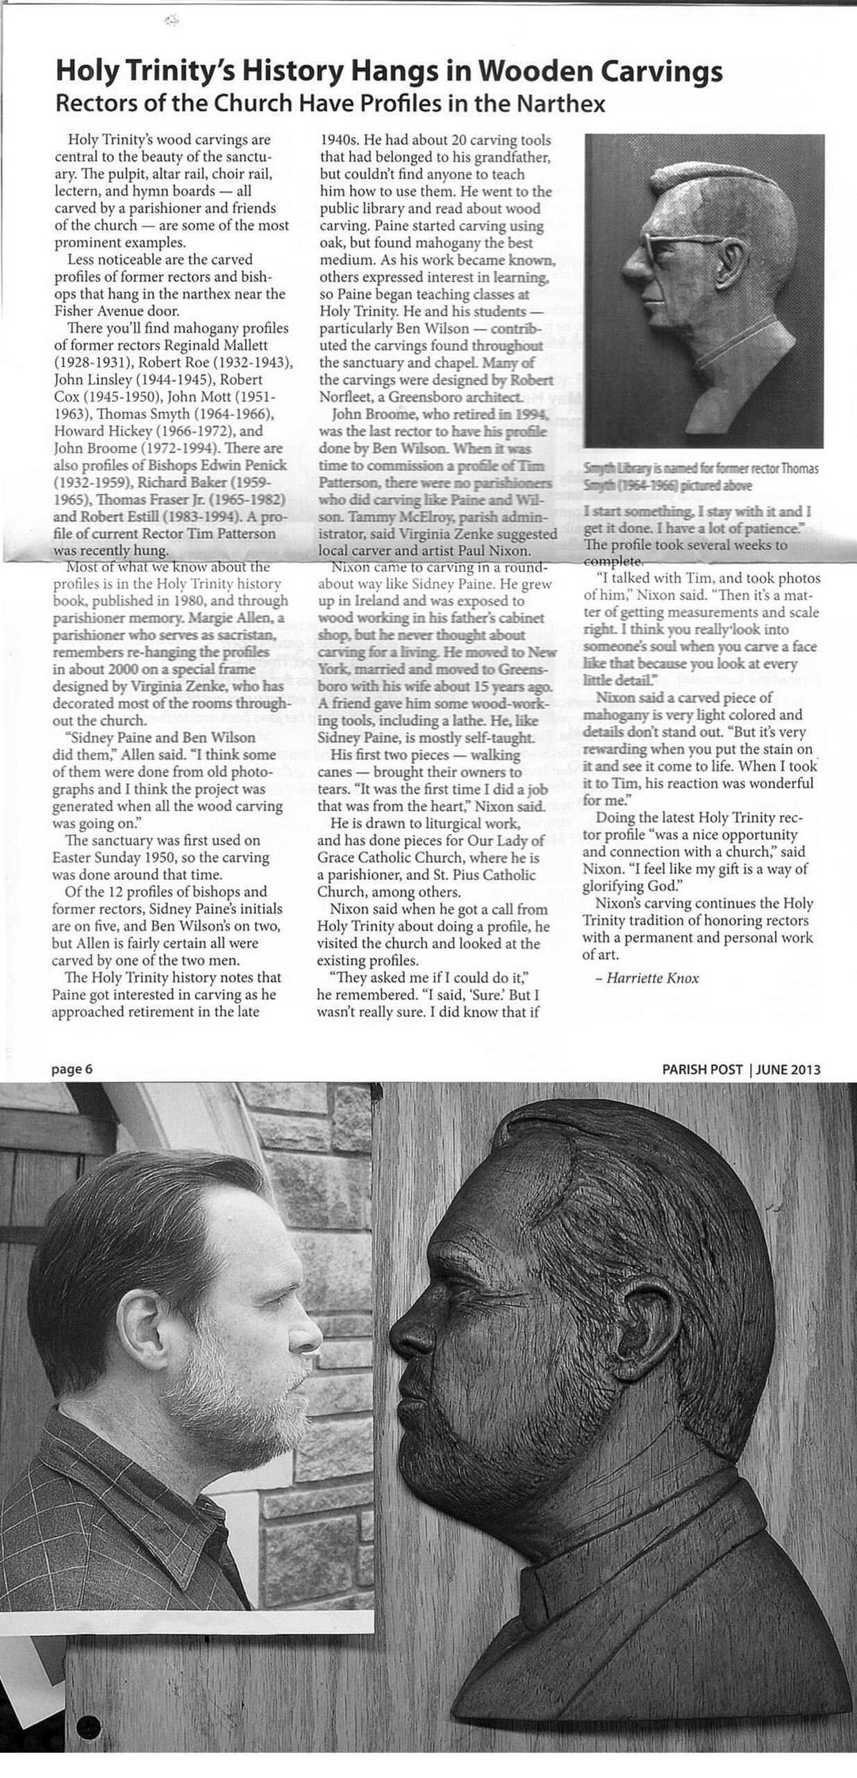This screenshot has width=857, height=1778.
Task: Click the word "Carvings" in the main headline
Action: point(660,72)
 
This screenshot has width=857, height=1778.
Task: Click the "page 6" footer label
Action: point(72,1069)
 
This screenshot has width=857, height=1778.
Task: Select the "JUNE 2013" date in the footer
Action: point(789,1070)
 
